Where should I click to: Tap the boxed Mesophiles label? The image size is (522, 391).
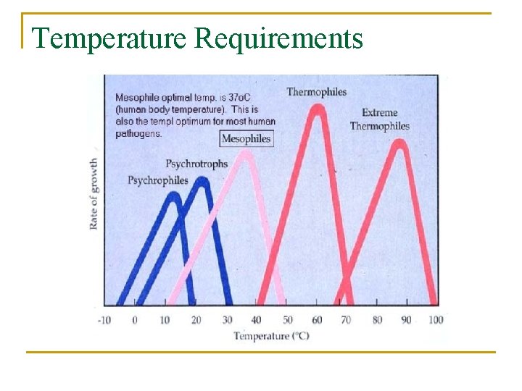point(246,138)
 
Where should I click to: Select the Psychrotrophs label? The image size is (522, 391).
point(196,164)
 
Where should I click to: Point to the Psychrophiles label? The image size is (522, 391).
point(157,180)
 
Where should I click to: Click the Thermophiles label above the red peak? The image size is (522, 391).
point(316,92)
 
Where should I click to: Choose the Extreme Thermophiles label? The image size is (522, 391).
point(379,119)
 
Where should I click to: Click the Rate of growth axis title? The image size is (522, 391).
point(94,193)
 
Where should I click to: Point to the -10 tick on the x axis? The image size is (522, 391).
point(105,319)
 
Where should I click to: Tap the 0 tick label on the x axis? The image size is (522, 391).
point(134,319)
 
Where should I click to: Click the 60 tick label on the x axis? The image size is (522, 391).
point(317,319)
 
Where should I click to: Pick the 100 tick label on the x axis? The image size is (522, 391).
point(436,319)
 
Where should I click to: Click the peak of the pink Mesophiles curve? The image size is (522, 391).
point(246,154)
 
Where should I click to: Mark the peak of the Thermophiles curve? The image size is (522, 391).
point(317,109)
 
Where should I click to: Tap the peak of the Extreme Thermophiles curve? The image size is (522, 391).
point(398,143)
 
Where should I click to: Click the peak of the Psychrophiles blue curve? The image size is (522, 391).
point(172,196)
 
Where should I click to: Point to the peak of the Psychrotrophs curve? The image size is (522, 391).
point(203,181)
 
